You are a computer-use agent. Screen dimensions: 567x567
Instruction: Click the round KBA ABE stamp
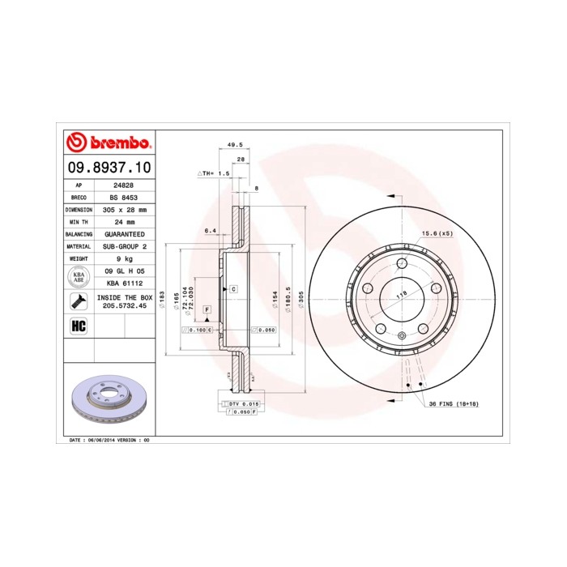click(79, 277)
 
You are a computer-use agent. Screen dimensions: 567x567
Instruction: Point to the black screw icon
click(79, 302)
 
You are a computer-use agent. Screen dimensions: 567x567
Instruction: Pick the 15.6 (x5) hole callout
click(436, 233)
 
